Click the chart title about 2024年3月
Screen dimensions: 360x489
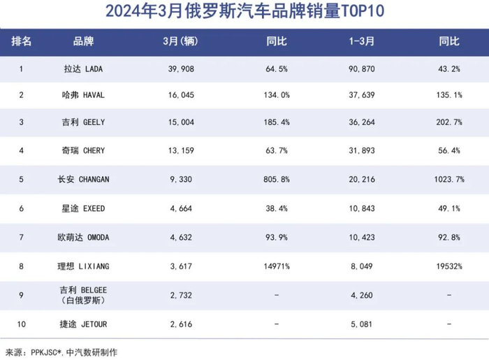click(x=245, y=11)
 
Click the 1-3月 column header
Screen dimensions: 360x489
click(x=361, y=42)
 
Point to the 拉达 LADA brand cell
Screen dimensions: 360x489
click(x=82, y=69)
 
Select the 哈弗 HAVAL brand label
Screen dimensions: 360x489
click(x=82, y=95)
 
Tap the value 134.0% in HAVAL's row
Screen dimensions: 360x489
click(x=277, y=95)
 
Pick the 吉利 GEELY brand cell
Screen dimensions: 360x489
click(x=82, y=122)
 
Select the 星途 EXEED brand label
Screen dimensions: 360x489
click(x=82, y=208)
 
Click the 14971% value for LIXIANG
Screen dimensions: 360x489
click(x=277, y=266)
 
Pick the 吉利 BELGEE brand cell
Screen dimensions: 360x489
click(x=82, y=294)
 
